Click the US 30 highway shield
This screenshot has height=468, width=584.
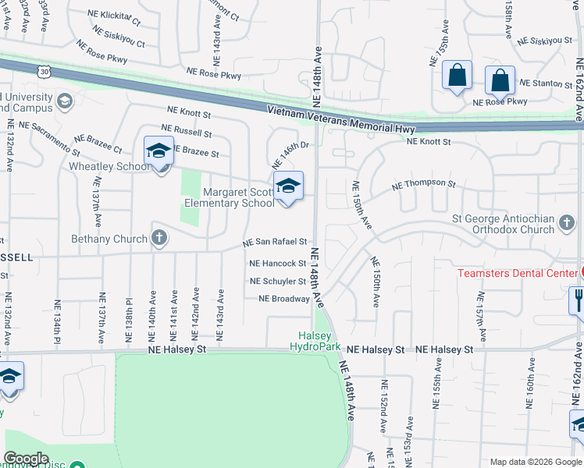tap(44, 70)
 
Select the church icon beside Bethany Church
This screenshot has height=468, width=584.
tap(159, 236)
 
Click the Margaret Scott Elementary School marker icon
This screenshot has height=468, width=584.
tap(288, 186)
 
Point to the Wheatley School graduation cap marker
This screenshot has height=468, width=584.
tap(158, 149)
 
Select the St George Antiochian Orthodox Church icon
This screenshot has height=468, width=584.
tap(566, 225)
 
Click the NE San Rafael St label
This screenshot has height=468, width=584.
tap(274, 243)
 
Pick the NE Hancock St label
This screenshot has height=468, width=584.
tap(276, 264)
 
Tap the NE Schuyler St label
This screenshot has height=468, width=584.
tap(278, 282)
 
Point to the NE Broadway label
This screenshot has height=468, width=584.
tap(284, 299)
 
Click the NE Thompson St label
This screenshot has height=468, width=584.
tap(423, 184)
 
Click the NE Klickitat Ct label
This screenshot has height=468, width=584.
tap(110, 16)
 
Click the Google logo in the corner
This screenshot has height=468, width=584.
tap(26, 459)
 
